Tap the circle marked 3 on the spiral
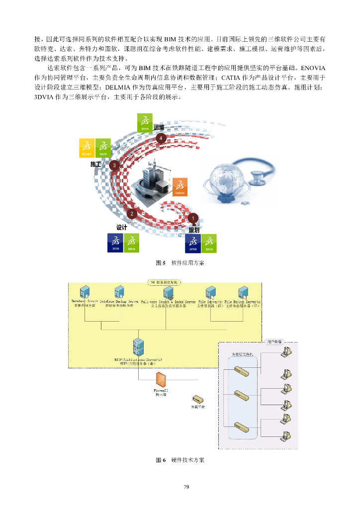point(115,166)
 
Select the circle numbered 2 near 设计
point(132,214)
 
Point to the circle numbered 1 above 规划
point(193,218)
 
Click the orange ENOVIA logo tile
point(180,186)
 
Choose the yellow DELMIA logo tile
point(87,148)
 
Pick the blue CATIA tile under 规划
point(193,243)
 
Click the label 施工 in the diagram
point(96,164)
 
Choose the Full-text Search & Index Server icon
point(168,293)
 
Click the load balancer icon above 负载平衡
point(198,399)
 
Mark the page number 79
point(186,487)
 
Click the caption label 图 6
point(161,460)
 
